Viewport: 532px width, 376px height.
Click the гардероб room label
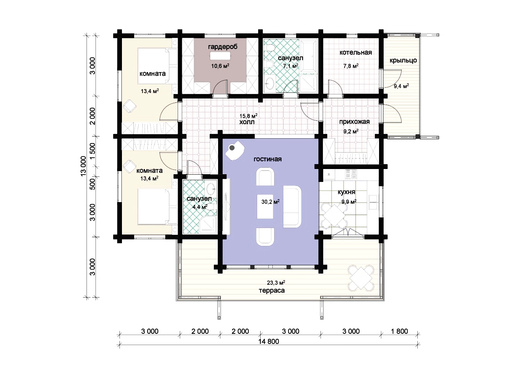[223, 47]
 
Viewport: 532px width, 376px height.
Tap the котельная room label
[355, 52]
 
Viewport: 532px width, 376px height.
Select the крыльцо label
[403, 60]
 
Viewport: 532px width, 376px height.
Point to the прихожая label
[354, 122]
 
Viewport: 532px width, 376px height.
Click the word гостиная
[268, 159]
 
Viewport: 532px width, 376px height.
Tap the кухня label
[347, 192]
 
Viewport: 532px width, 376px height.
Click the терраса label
[272, 291]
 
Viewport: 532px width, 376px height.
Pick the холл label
[247, 122]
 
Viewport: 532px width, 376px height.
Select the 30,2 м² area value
[270, 202]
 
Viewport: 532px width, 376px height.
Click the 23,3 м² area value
[276, 282]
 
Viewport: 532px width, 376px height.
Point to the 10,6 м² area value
[220, 66]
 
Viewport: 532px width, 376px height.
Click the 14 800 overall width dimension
[269, 342]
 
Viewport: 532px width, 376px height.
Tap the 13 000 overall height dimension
[83, 166]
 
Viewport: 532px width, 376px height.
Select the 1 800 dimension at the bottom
[400, 331]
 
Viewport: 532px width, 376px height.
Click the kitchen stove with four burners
[351, 174]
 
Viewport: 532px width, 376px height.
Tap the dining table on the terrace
[361, 278]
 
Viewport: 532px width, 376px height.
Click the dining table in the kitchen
[333, 216]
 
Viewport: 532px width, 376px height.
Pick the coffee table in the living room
[265, 206]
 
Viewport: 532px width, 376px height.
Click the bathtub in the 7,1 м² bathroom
[309, 56]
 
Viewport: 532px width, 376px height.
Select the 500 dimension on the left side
[93, 184]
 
